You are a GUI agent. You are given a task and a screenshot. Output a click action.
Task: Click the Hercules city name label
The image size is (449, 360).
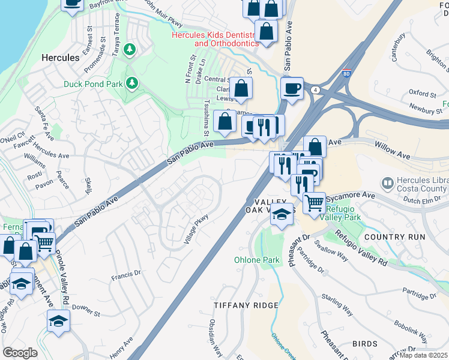(60, 58)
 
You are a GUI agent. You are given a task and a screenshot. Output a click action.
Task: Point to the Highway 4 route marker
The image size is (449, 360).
(314, 89)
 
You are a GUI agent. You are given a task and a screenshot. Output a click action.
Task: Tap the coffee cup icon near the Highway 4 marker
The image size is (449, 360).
(292, 89)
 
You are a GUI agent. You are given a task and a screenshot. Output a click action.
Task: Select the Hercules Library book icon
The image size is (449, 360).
(388, 182)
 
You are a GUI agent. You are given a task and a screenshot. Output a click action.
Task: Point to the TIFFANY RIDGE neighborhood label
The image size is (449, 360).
(246, 305)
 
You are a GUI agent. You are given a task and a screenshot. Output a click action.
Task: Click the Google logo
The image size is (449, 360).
(20, 353)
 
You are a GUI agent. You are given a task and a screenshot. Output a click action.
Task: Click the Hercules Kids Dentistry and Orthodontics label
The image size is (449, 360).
(215, 39)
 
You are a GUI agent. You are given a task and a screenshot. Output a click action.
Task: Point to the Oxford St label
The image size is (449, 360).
(422, 94)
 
